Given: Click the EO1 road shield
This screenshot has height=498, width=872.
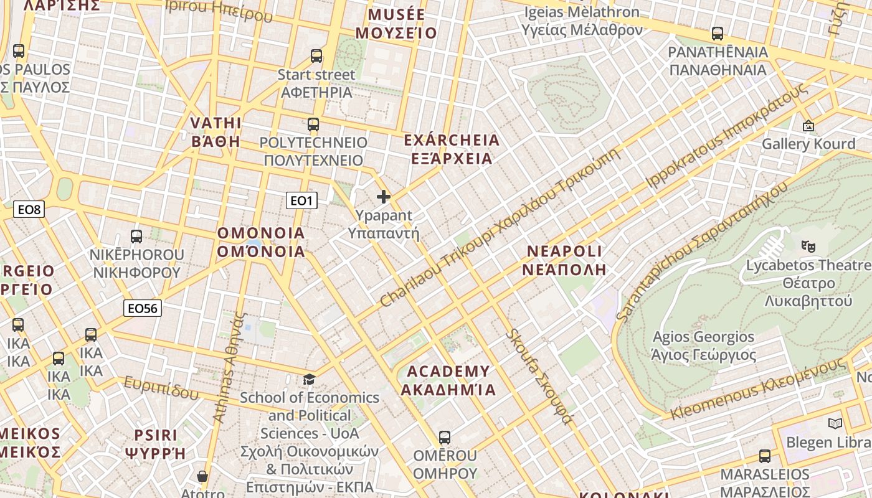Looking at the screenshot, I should click(x=301, y=200).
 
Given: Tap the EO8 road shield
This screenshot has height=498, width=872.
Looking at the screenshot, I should click(x=29, y=210).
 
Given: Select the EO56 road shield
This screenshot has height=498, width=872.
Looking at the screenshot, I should click(x=143, y=308).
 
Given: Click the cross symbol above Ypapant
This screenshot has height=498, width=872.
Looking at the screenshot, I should click(x=384, y=197).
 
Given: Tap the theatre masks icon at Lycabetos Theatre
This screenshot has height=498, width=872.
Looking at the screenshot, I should click(x=808, y=246).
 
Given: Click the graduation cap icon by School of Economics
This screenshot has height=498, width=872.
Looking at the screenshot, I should click(x=309, y=379).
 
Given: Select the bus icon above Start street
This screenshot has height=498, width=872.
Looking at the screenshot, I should click(x=316, y=56).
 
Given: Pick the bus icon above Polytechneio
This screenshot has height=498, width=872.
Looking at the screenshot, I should click(x=313, y=124).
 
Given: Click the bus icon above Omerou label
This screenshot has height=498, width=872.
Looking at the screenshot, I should click(x=444, y=437).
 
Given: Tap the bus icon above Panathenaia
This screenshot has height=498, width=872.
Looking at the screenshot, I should click(x=718, y=34).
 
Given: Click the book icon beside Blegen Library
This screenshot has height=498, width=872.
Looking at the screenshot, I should click(x=835, y=424).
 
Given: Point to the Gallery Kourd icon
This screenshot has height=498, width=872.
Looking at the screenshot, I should click(x=808, y=126).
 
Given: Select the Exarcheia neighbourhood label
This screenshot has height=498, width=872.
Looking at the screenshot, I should click(x=452, y=149).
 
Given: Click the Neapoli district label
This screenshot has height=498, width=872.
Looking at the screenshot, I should click(x=565, y=260).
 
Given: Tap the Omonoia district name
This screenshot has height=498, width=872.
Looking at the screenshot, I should click(x=261, y=242).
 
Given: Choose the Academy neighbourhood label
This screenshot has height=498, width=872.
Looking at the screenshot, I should click(x=448, y=380).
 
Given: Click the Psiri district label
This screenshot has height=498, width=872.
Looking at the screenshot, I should click(x=156, y=444).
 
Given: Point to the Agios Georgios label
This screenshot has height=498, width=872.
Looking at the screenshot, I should click(x=703, y=346).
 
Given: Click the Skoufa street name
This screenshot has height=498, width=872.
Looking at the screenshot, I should click(x=539, y=377).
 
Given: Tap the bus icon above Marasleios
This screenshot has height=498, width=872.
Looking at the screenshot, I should click(x=765, y=456).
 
